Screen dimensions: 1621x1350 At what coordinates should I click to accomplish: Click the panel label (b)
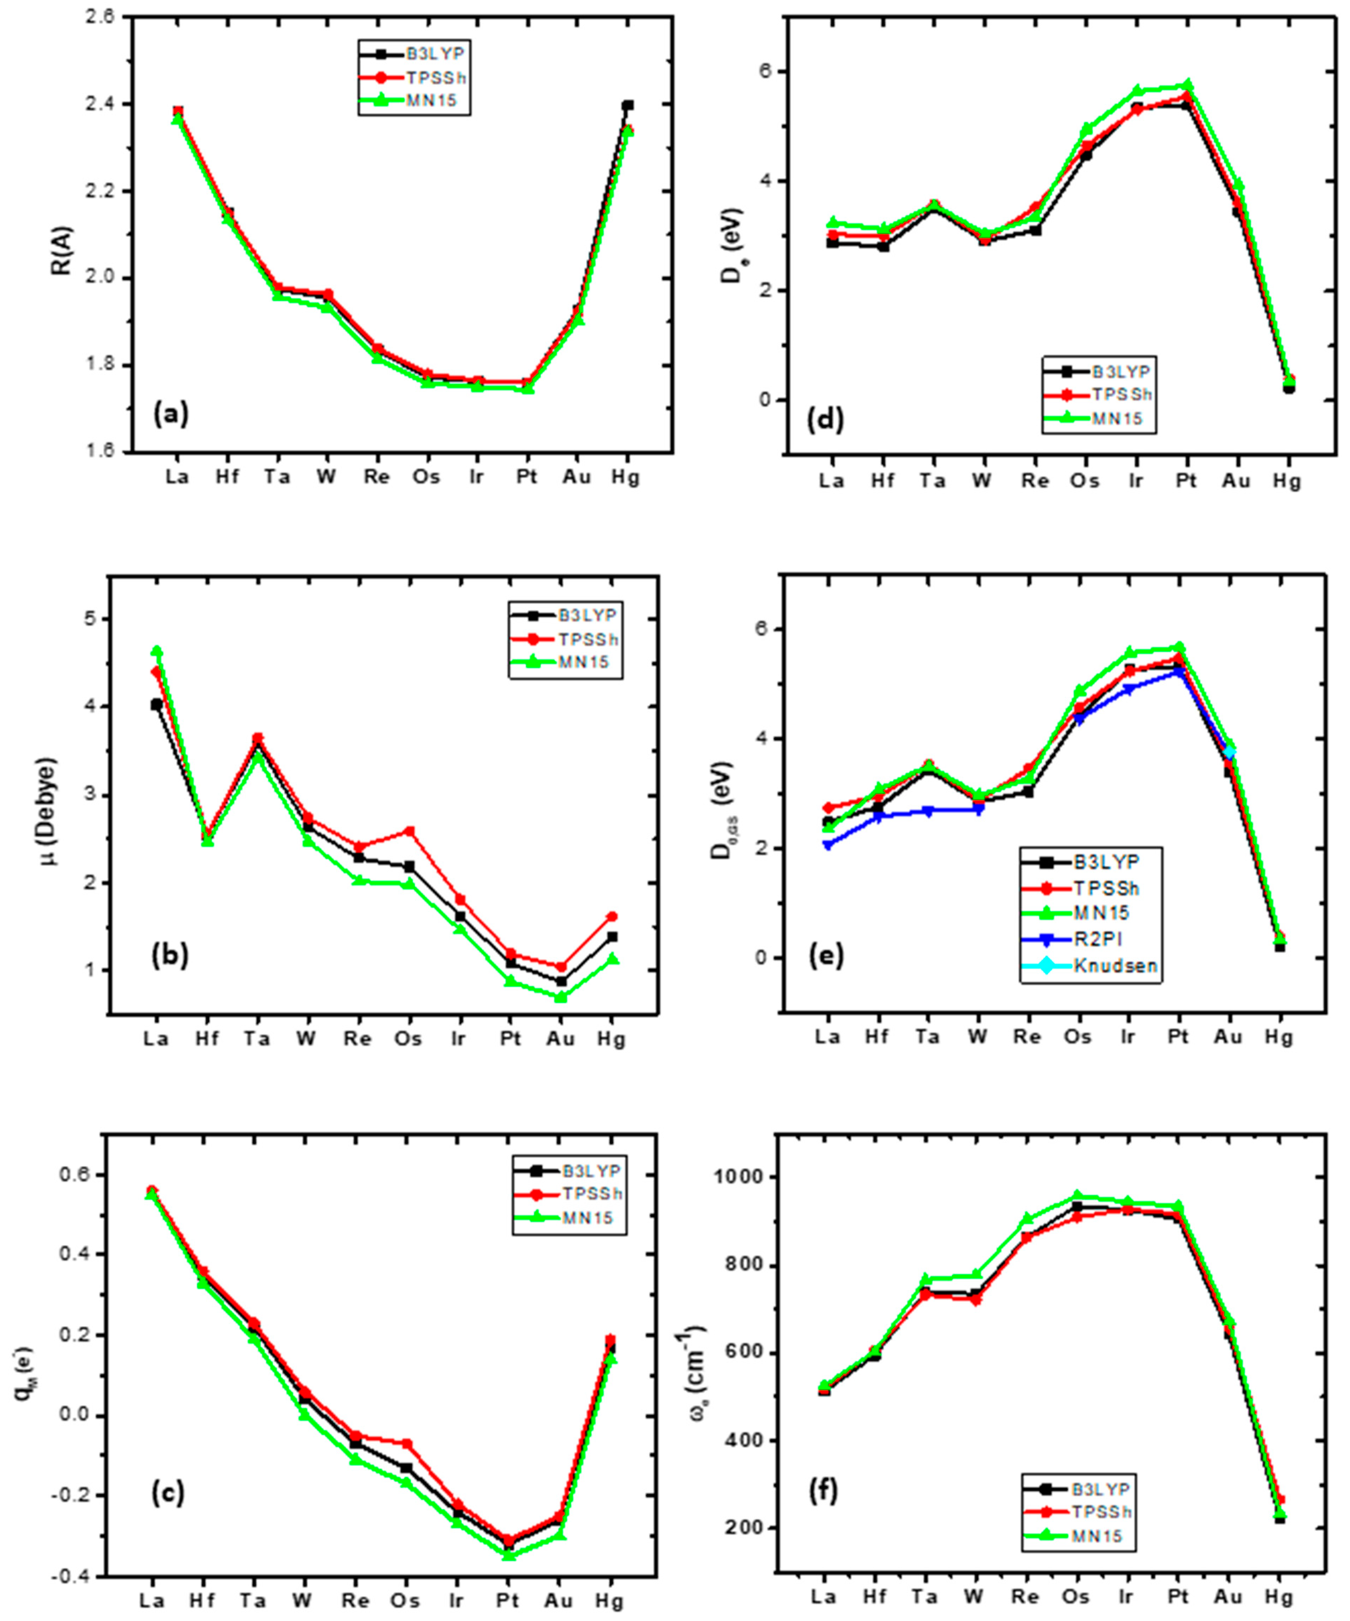click(170, 956)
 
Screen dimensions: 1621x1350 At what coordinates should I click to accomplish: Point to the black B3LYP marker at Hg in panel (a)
click(628, 105)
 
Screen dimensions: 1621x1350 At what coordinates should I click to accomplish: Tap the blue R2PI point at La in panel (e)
click(828, 845)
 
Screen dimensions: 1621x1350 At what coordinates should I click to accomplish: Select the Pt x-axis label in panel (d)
click(1185, 481)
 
